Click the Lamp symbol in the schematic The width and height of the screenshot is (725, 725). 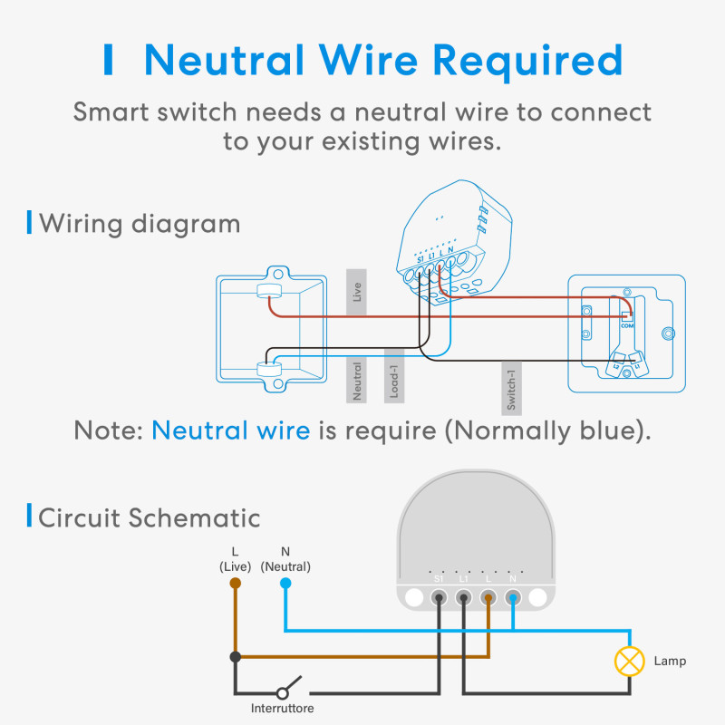[x=629, y=662]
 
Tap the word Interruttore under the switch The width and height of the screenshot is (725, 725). [x=283, y=708]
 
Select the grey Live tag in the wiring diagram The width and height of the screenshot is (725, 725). [x=357, y=292]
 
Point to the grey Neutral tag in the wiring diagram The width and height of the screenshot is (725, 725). [x=357, y=381]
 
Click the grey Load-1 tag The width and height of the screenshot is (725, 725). [x=393, y=376]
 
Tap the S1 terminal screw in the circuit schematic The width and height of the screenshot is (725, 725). [x=440, y=598]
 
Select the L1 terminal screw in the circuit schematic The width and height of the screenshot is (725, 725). [x=464, y=598]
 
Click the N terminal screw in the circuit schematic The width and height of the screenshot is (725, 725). [x=513, y=598]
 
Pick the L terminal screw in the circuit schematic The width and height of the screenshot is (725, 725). [x=488, y=598]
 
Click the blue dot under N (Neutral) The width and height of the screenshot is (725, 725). [x=285, y=584]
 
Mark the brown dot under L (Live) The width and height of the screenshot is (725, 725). [x=236, y=584]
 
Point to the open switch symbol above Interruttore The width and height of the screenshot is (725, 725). [x=290, y=684]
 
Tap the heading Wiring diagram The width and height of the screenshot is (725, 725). [x=140, y=223]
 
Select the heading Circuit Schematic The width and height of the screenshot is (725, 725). [x=149, y=517]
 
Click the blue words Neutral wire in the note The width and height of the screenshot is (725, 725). [x=230, y=430]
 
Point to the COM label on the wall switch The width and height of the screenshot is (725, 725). [x=626, y=324]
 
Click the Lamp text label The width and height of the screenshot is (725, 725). [x=670, y=662]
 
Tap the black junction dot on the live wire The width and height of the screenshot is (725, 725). [x=236, y=656]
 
